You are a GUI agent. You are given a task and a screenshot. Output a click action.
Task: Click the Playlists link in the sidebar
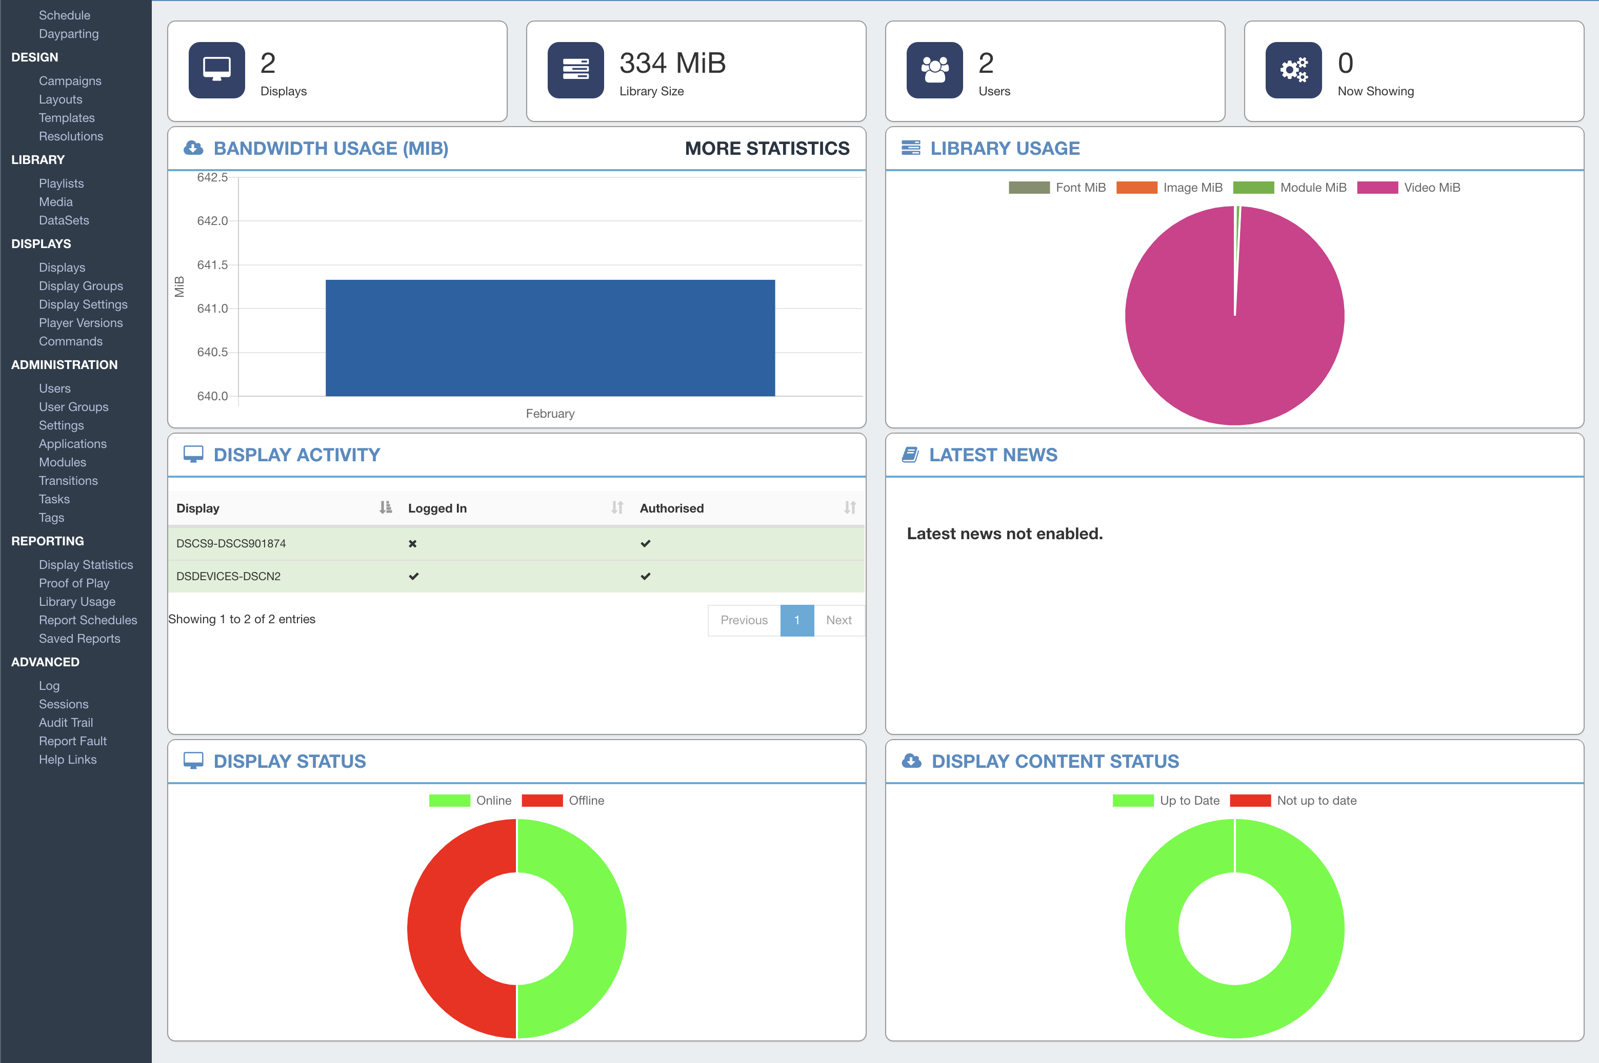(61, 183)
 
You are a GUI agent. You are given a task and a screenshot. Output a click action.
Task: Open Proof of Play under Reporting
(74, 583)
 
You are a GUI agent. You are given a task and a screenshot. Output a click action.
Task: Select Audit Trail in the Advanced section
(66, 723)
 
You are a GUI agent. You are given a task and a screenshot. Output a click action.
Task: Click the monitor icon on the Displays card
(216, 70)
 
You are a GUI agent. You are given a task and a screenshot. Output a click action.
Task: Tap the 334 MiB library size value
(672, 63)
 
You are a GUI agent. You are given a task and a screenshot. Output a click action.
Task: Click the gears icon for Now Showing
(1293, 70)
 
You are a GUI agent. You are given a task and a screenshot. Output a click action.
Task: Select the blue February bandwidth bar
(550, 338)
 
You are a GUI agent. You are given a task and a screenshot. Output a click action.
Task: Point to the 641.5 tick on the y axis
(212, 265)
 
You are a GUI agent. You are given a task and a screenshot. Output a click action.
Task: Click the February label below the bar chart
(550, 414)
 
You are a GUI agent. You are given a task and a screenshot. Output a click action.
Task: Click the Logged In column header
(437, 508)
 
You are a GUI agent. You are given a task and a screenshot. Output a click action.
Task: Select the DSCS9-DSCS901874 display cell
(231, 544)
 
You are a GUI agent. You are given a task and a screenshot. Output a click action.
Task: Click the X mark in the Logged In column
(412, 544)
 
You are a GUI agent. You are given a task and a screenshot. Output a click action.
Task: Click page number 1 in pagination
(797, 620)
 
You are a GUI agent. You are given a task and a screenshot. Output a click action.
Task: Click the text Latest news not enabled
(1004, 534)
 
